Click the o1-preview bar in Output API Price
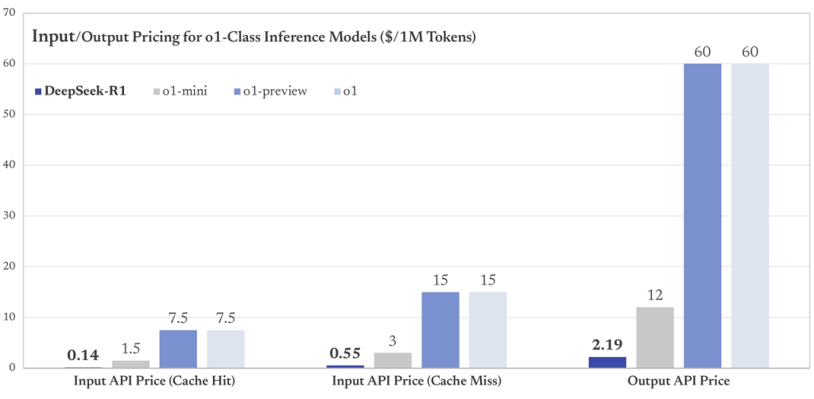(702, 215)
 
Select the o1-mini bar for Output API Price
(654, 337)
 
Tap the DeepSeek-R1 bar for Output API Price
(607, 362)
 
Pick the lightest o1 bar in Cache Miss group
(487, 330)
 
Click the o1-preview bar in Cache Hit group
(177, 349)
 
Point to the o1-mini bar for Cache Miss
(392, 360)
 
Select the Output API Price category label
(678, 382)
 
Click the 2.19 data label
(607, 346)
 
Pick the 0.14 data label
(83, 355)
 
